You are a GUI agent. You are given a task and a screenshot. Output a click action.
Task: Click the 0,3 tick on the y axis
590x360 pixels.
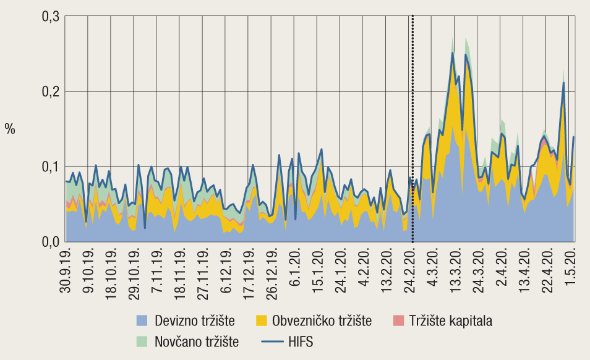[50, 17]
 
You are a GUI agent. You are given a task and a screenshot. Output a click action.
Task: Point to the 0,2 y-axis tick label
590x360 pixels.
[50, 92]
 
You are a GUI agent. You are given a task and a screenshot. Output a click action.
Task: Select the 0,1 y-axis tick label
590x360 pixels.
[50, 166]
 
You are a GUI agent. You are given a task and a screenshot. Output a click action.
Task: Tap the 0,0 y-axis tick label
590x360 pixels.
[50, 241]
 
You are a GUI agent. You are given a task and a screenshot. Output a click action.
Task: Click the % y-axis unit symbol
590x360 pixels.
[10, 129]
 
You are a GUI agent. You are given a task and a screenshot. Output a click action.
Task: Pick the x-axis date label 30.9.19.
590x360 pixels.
[66, 272]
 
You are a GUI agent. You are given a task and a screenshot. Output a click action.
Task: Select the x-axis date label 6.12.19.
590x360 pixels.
[226, 272]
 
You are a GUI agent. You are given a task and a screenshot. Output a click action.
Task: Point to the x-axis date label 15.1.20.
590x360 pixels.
[318, 272]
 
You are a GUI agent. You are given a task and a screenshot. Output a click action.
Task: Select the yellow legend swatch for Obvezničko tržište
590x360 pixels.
[261, 320]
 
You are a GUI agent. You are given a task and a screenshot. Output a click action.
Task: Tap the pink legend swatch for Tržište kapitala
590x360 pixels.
[398, 320]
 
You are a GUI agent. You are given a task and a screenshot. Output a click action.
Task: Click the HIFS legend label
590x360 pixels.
[301, 341]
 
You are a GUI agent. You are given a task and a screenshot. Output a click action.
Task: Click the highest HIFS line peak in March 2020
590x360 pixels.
[453, 53]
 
